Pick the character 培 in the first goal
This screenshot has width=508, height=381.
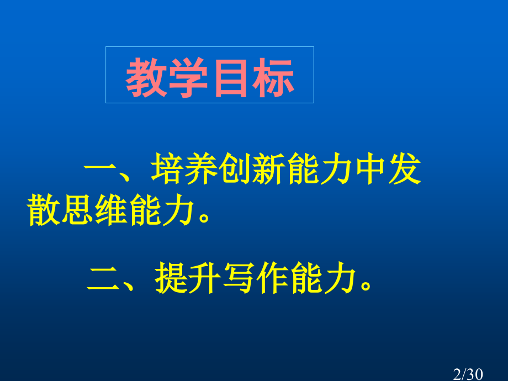click(x=167, y=172)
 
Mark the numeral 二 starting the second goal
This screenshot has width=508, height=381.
click(x=104, y=279)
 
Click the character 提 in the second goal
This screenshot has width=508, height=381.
click(x=172, y=279)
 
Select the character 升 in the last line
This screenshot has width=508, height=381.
click(x=206, y=279)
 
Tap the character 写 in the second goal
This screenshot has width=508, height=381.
click(x=240, y=279)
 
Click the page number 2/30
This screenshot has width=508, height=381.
click(x=468, y=374)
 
